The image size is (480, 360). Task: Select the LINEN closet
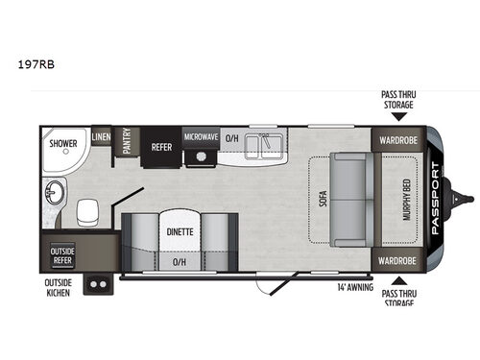tap(102, 138)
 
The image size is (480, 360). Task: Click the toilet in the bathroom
tap(88, 208)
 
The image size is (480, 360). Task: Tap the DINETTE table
tap(180, 230)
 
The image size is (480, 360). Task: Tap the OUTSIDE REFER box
tap(62, 254)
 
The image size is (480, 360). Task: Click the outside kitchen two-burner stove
tap(97, 283)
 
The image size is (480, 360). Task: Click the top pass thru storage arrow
tap(397, 116)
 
